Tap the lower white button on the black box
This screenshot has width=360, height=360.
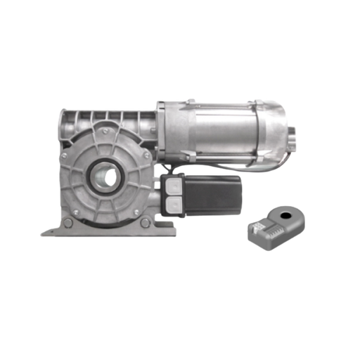point(172,204)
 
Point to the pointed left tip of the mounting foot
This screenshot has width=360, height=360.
point(44,233)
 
